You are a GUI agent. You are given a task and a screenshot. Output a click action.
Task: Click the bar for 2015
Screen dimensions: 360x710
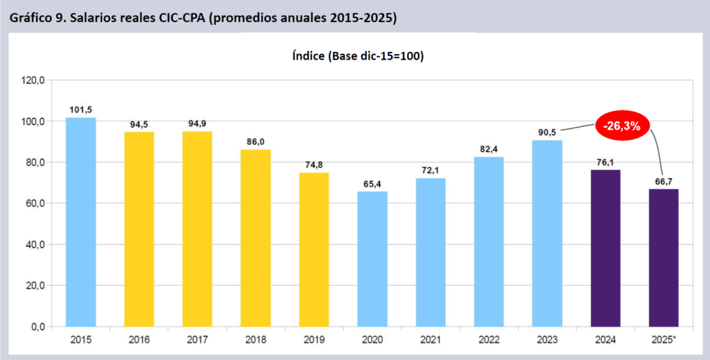(x=80, y=222)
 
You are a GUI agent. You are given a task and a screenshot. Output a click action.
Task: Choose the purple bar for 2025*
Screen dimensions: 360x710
(x=664, y=257)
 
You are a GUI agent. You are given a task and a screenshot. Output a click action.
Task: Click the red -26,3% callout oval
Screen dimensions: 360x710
(x=625, y=126)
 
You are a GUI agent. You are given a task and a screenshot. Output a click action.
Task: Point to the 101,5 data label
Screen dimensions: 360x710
(x=80, y=110)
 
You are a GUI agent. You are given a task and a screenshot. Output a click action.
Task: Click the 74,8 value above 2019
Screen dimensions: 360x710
(x=314, y=164)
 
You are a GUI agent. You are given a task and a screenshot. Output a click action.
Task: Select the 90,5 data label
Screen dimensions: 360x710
(x=547, y=132)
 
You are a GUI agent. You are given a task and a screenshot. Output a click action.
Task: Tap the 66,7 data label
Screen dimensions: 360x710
(x=664, y=181)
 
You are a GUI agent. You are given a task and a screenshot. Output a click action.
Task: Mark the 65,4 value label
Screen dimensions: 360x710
(x=372, y=184)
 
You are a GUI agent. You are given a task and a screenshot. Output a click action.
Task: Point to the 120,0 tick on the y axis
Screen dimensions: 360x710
(x=34, y=80)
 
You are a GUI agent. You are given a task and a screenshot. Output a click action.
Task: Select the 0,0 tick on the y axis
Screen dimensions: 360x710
(x=37, y=327)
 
